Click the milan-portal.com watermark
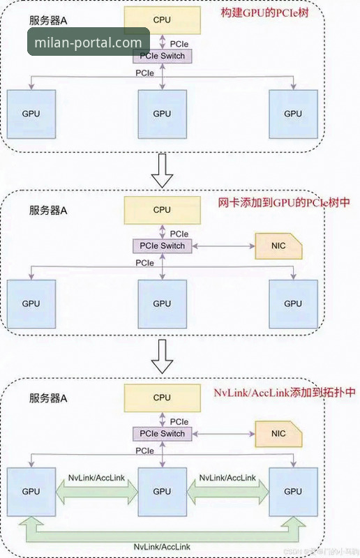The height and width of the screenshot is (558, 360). coord(88,42)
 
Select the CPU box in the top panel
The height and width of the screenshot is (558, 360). coord(162,21)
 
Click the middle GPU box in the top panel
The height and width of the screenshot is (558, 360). coord(162,114)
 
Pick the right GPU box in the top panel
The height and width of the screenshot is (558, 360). coord(293,114)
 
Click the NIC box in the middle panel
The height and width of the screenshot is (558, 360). coord(278,246)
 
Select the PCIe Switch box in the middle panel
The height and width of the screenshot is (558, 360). coord(162,246)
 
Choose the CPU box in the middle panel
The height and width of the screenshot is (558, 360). coord(162,209)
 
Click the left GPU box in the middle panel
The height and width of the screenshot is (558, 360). coord(31,303)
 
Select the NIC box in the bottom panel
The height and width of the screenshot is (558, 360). coord(278,434)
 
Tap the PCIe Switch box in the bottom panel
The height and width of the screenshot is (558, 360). coord(162,434)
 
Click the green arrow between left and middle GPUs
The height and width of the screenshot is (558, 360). coord(96,491)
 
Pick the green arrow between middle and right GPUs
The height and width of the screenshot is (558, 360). coord(227,491)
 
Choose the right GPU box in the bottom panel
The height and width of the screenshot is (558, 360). coord(293,491)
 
